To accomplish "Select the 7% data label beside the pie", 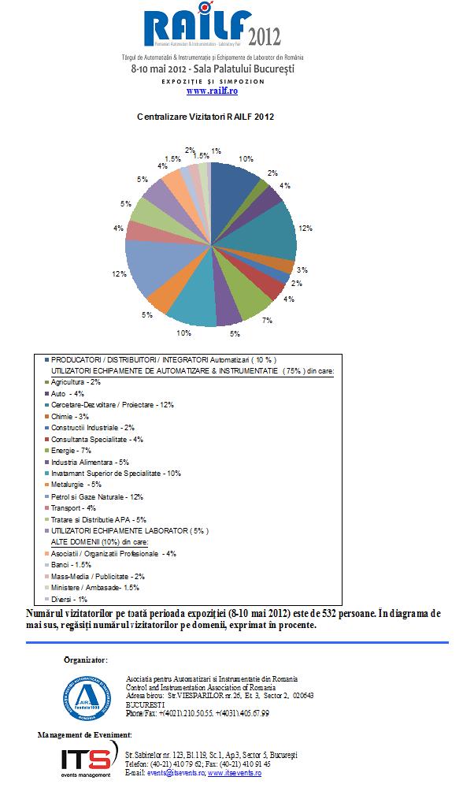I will [x=267, y=320].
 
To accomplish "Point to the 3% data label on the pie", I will [x=302, y=269].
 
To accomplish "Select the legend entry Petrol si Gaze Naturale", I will [x=97, y=496].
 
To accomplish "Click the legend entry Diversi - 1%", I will [x=69, y=600].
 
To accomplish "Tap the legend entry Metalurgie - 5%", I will [x=76, y=485].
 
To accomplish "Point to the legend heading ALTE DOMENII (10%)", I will [x=100, y=542].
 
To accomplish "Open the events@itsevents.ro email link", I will [x=173, y=773].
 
